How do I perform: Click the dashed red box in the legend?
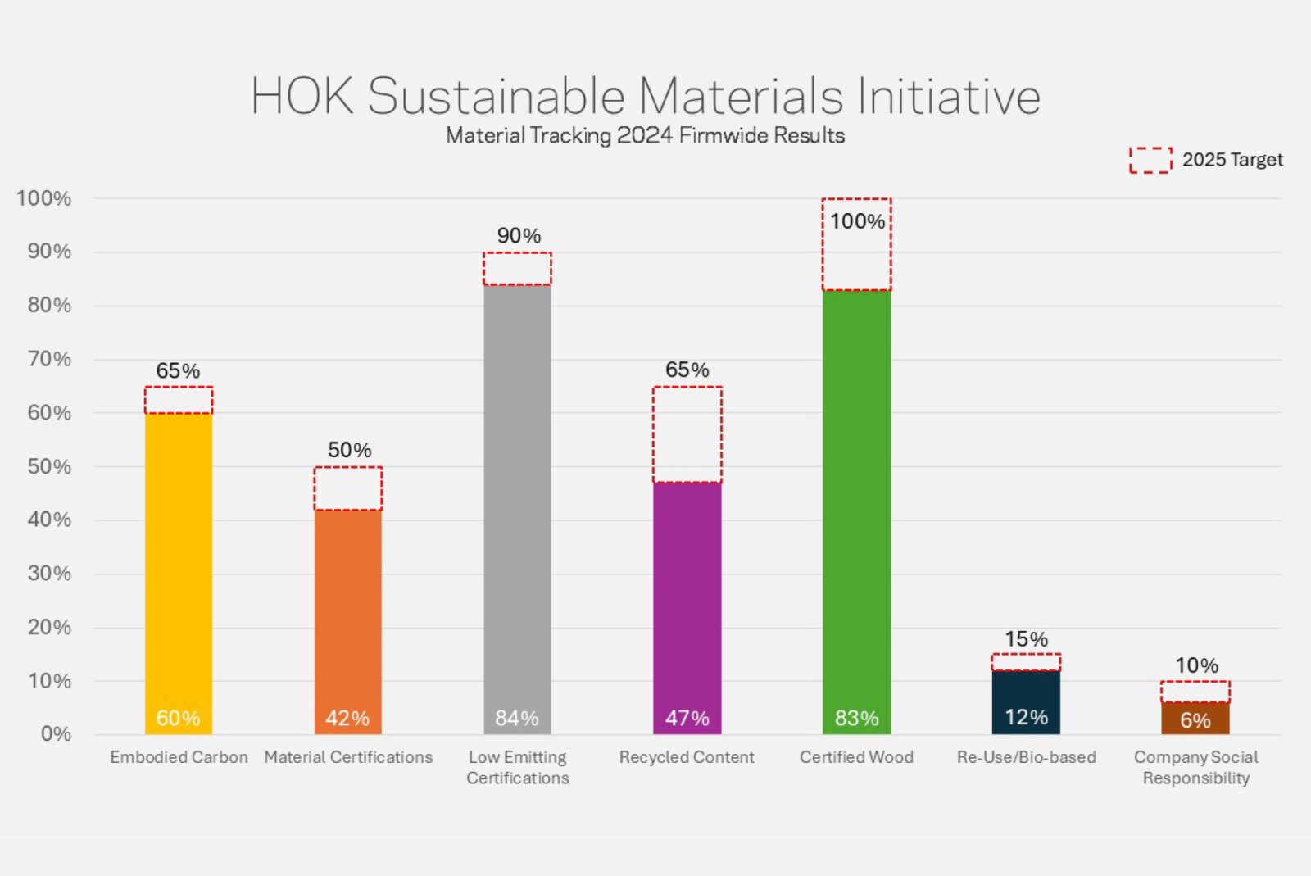[x=1150, y=160]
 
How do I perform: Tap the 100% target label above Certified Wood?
[x=857, y=221]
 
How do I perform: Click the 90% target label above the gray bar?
[x=519, y=236]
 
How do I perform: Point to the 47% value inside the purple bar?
[x=687, y=718]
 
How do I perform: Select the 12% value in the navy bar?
[x=1026, y=717]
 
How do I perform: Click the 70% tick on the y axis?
[x=49, y=359]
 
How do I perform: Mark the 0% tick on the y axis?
[x=56, y=733]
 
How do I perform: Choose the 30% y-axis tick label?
[x=49, y=573]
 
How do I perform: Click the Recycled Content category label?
[x=687, y=757]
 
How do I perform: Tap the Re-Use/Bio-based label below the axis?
[x=1026, y=757]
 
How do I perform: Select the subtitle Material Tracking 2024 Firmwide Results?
[x=645, y=135]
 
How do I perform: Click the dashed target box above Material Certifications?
[x=347, y=488]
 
